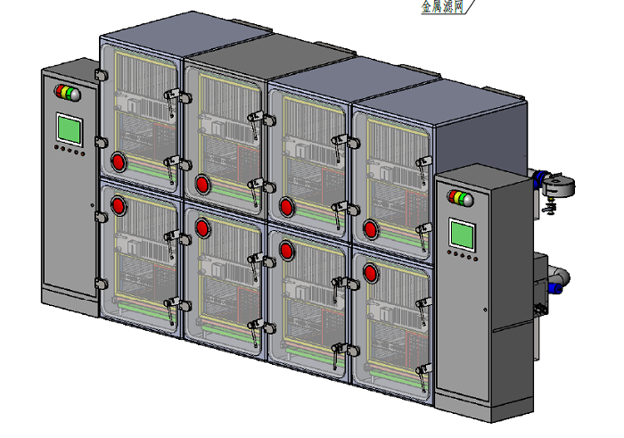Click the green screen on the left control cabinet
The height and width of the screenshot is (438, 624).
(70, 129)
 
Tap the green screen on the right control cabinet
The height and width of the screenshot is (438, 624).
(462, 235)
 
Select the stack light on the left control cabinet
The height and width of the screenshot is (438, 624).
(68, 93)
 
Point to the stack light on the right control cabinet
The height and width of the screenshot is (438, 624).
(461, 198)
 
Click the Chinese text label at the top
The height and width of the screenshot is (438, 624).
(443, 6)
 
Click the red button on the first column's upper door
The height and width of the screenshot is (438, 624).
(119, 162)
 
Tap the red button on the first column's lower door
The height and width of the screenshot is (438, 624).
(119, 205)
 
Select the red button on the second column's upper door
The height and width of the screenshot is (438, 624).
(202, 185)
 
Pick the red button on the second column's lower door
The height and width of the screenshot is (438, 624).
(202, 227)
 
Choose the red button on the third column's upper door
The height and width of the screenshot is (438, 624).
(286, 207)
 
